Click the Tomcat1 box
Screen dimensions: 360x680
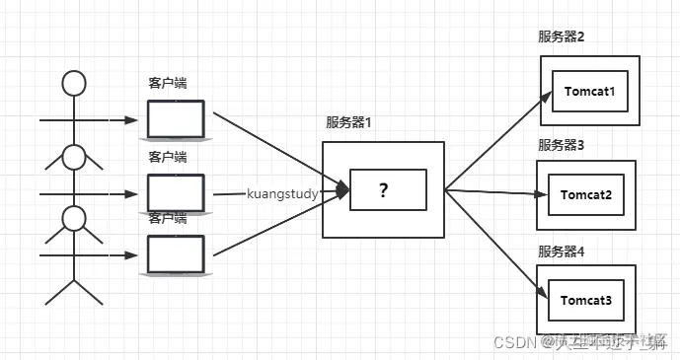[x=590, y=92]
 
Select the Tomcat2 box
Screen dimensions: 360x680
[x=587, y=194]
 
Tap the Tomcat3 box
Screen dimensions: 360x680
[x=587, y=299]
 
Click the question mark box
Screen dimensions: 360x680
[x=384, y=190]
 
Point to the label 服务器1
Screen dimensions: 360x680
[x=349, y=122]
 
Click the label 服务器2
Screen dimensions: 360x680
[x=562, y=37]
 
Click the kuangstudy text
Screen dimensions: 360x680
[x=282, y=194]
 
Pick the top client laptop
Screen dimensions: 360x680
[x=176, y=119]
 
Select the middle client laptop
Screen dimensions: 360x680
[x=176, y=191]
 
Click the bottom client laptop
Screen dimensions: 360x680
[x=176, y=254]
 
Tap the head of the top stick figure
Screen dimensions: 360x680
[x=74, y=83]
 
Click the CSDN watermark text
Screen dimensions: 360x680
[x=513, y=343]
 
